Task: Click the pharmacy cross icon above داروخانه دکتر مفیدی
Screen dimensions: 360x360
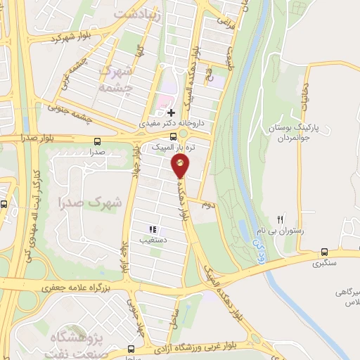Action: tap(171, 112)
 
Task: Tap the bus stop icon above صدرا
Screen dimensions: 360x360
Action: tap(96, 141)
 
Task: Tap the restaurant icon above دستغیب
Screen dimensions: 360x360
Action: tap(152, 229)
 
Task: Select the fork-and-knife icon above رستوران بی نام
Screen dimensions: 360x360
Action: tap(281, 220)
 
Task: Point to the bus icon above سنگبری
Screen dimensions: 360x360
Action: tap(324, 252)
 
